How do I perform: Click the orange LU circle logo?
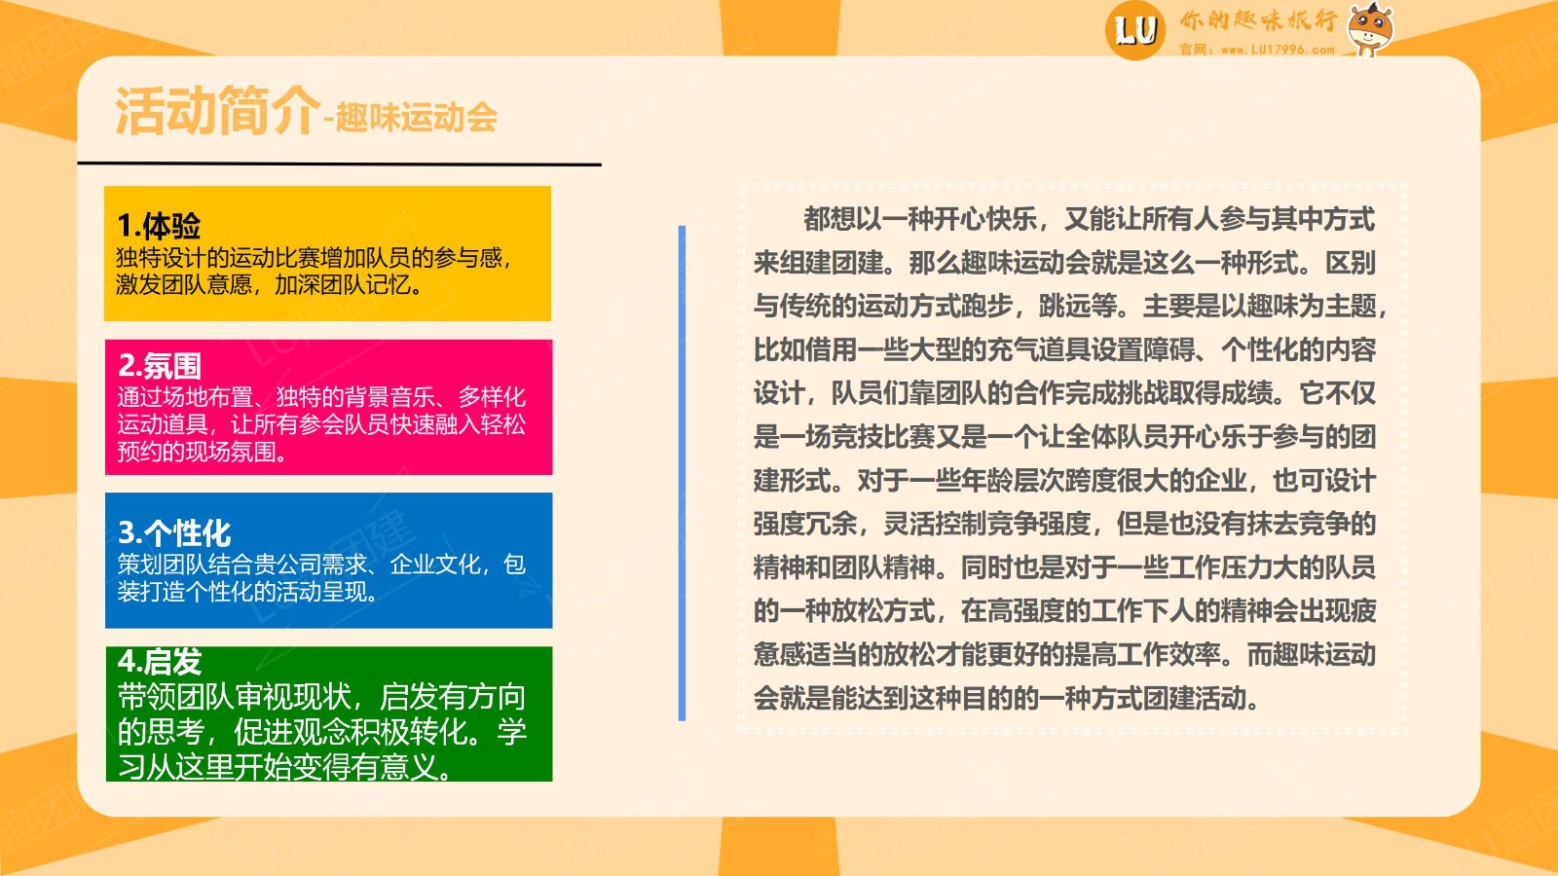tap(1135, 30)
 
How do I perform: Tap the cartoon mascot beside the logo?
tap(1369, 28)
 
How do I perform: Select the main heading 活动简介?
tap(217, 111)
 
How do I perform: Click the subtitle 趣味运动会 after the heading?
tap(417, 117)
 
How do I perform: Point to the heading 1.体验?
tap(160, 225)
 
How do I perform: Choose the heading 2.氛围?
tap(160, 365)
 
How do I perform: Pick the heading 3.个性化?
tap(174, 533)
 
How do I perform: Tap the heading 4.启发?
tap(160, 661)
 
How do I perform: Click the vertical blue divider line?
tap(682, 473)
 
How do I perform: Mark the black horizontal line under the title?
tap(340, 164)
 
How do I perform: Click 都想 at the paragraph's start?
tap(829, 219)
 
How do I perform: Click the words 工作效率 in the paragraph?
tap(1168, 654)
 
